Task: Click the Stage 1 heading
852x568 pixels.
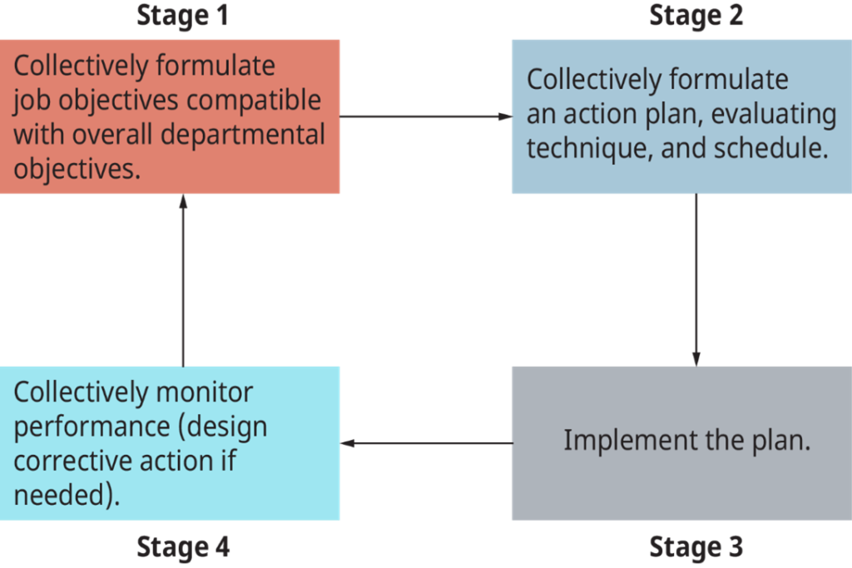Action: point(181,15)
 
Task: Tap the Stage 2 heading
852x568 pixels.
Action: point(696,15)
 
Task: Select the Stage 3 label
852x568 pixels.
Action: point(696,547)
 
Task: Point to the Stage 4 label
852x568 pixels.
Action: point(182,547)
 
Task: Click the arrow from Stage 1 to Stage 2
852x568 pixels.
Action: point(425,116)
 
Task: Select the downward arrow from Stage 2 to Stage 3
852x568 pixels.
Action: point(696,279)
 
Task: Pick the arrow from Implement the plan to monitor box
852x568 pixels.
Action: point(425,443)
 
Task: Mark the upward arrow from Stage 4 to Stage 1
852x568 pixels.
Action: point(182,279)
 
